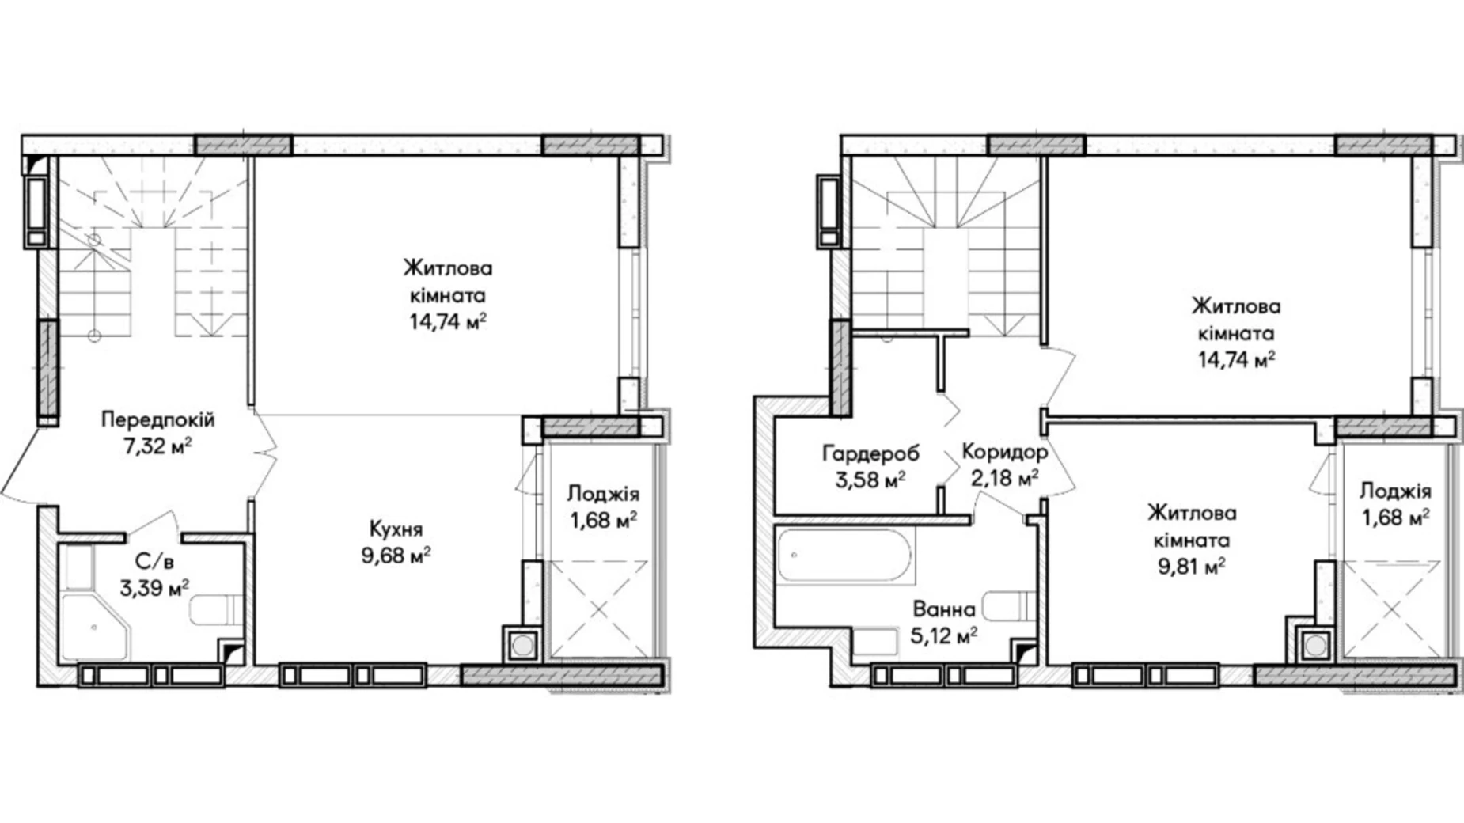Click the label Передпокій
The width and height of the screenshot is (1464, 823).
pyautogui.click(x=157, y=420)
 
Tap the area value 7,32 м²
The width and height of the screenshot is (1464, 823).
pyautogui.click(x=157, y=446)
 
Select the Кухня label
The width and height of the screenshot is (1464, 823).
pyautogui.click(x=396, y=529)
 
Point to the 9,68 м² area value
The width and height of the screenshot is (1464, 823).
pyautogui.click(x=396, y=556)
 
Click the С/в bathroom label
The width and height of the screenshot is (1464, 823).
pyautogui.click(x=154, y=562)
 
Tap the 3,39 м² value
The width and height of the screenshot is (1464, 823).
pyautogui.click(x=154, y=588)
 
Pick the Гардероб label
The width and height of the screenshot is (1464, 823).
pyautogui.click(x=871, y=453)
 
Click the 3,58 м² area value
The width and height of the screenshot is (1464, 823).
pyautogui.click(x=870, y=480)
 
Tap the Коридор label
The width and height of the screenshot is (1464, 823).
pyautogui.click(x=1005, y=453)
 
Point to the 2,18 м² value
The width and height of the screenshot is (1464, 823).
pyautogui.click(x=1005, y=479)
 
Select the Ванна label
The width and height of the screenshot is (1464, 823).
pyautogui.click(x=944, y=609)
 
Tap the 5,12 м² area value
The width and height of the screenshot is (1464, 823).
pyautogui.click(x=944, y=635)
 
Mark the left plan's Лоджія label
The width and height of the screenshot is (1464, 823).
pyautogui.click(x=603, y=495)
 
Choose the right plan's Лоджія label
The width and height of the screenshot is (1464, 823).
pyautogui.click(x=1395, y=491)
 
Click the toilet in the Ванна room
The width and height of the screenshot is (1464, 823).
pyautogui.click(x=1011, y=606)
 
